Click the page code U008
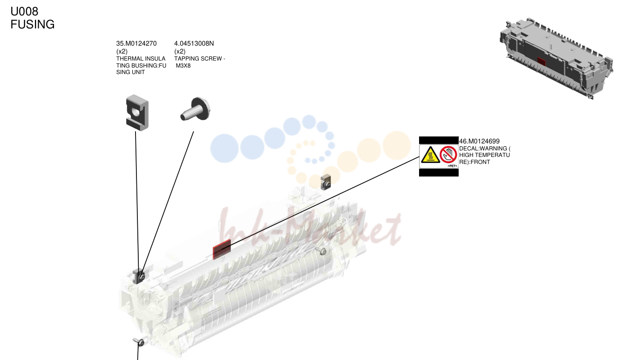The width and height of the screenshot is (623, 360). [x=24, y=11]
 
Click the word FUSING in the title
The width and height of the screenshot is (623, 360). [x=33, y=25]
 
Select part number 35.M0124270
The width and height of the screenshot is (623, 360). [x=136, y=43]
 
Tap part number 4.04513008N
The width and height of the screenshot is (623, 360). [x=194, y=43]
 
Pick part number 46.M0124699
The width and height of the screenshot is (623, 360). [x=479, y=141]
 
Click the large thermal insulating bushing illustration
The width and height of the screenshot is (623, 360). [x=137, y=113]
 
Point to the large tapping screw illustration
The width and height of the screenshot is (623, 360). [x=196, y=109]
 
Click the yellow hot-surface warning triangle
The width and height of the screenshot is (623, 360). [x=430, y=155]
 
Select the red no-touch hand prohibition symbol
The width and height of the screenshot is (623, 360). [x=448, y=155]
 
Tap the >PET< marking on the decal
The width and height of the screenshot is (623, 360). [x=452, y=166]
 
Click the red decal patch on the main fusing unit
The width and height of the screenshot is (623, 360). [x=222, y=249]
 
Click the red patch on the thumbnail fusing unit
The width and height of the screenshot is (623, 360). [x=541, y=62]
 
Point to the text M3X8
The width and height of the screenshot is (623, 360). [x=183, y=66]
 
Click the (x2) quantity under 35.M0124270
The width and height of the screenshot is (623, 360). [x=122, y=52]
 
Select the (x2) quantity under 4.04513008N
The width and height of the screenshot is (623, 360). [x=180, y=52]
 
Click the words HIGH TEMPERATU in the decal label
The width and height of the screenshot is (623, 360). [x=485, y=155]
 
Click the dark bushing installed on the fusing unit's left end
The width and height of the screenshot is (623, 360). [x=138, y=277]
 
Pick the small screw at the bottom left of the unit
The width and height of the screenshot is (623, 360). [x=138, y=342]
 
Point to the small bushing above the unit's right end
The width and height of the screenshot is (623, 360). [x=325, y=182]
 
